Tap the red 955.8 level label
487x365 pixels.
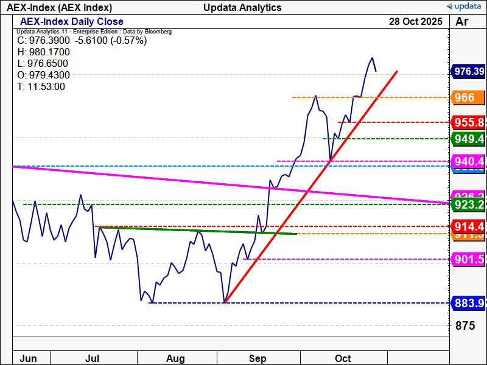468,122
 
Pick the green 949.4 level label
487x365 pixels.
468,139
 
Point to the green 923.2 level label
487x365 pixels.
468,204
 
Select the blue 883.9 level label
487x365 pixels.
468,303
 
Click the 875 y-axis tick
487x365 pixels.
464,325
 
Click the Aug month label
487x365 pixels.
175,358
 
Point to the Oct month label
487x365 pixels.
343,358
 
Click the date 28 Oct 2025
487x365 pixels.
416,21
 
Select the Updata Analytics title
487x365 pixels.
243,7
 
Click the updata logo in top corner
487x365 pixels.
464,7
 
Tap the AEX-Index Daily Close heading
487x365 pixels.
72,22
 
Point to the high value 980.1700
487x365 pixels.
43,52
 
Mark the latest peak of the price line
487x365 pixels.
371,58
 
